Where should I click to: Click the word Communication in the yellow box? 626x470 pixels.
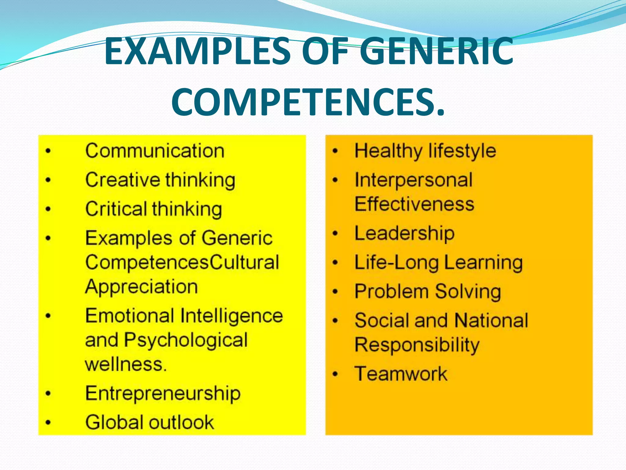pos(155,151)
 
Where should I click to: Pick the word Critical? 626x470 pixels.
pos(116,209)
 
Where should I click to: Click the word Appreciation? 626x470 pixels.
pos(142,287)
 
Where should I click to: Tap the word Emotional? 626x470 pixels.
pos(130,315)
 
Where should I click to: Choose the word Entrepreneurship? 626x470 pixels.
pos(163,394)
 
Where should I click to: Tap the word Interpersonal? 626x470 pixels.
pos(414,180)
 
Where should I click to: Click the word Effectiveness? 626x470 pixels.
pos(414,204)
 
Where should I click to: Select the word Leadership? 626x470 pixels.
pos(404,233)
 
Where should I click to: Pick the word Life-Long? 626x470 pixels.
pos(396,263)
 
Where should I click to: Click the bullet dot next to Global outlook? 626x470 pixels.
pos(48,423)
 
